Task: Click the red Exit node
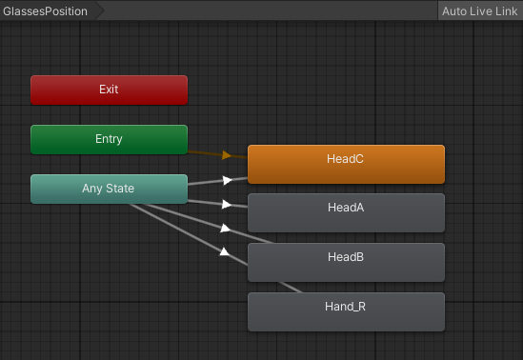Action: click(x=109, y=90)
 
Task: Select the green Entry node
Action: click(x=109, y=139)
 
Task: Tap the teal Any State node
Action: click(x=109, y=189)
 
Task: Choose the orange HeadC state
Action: click(x=346, y=164)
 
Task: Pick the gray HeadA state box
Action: click(x=346, y=212)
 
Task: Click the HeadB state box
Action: click(x=346, y=262)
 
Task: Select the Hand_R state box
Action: click(x=346, y=311)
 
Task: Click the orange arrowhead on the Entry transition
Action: click(x=227, y=154)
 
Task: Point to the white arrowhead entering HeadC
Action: click(x=227, y=179)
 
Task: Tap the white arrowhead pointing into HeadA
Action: click(x=227, y=204)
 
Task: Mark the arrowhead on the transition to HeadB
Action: click(x=226, y=229)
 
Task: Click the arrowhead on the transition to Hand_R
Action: click(x=226, y=252)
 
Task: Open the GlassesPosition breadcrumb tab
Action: click(x=46, y=11)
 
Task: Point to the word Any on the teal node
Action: click(x=92, y=189)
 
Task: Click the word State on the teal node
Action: click(x=120, y=189)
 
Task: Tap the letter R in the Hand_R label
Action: click(x=361, y=307)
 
